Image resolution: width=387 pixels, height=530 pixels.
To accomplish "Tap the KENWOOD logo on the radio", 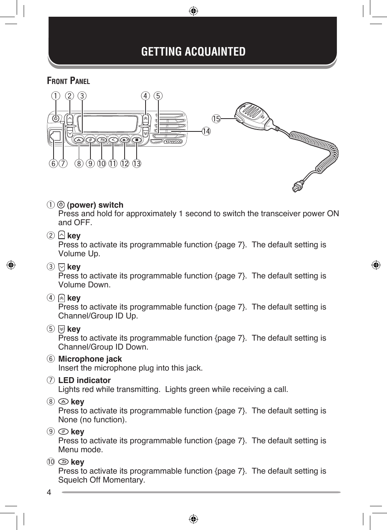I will pyautogui.click(x=173, y=142).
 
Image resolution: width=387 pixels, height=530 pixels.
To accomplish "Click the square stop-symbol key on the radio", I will pyautogui.click(x=137, y=140).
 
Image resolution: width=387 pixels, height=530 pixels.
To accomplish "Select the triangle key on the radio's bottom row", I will pyautogui.click(x=79, y=140).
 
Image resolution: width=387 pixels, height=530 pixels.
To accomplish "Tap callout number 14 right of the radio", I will pyautogui.click(x=206, y=131).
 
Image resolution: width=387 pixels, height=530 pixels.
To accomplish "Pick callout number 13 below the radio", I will pyautogui.click(x=137, y=164).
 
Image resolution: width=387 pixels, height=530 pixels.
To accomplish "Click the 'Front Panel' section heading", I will pyautogui.click(x=68, y=81).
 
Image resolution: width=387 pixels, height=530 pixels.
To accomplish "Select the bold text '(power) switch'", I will pyautogui.click(x=95, y=205).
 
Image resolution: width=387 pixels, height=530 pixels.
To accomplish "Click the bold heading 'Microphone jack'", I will pyautogui.click(x=90, y=359).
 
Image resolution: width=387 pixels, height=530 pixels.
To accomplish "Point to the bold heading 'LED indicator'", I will pyautogui.click(x=84, y=380).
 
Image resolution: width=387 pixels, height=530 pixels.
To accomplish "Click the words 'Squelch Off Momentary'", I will pyautogui.click(x=101, y=480).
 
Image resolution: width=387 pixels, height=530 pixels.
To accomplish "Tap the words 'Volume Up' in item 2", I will pyautogui.click(x=79, y=254).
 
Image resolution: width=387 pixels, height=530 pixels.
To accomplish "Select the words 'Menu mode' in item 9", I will pyautogui.click(x=80, y=450).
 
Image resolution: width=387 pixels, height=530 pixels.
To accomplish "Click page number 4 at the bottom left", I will pyautogui.click(x=49, y=493).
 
